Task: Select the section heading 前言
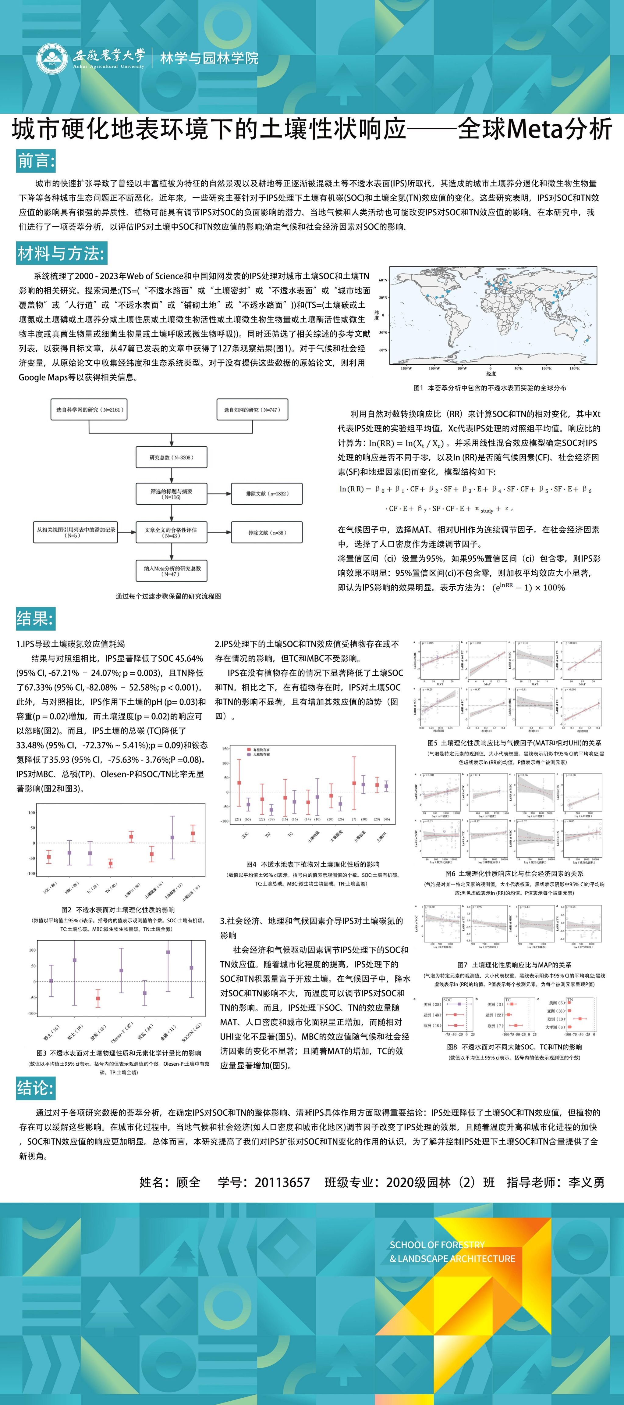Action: pyautogui.click(x=36, y=161)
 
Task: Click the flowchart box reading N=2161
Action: pyautogui.click(x=89, y=409)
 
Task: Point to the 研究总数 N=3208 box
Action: pyautogui.click(x=172, y=457)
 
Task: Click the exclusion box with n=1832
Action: pyautogui.click(x=267, y=494)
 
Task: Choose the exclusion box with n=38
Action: pyautogui.click(x=267, y=532)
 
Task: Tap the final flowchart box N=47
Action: pyautogui.click(x=172, y=570)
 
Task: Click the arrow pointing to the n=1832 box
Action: pyautogui.click(x=219, y=494)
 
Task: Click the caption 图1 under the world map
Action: pyautogui.click(x=489, y=388)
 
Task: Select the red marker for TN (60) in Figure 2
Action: pyautogui.click(x=111, y=863)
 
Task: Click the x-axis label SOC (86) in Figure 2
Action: pyautogui.click(x=49, y=888)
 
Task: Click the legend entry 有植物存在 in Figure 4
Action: pyautogui.click(x=261, y=750)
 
